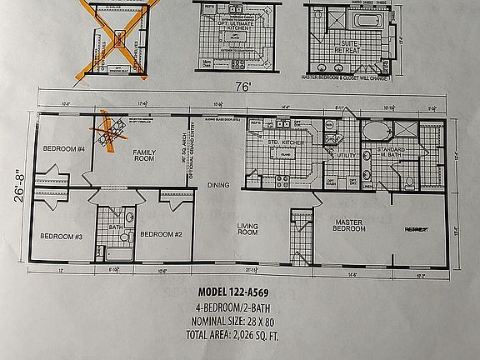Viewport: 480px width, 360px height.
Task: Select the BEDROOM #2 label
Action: [x=161, y=234]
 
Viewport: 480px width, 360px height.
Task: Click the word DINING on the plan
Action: [x=217, y=185]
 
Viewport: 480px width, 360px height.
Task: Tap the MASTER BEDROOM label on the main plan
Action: [x=350, y=225]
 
